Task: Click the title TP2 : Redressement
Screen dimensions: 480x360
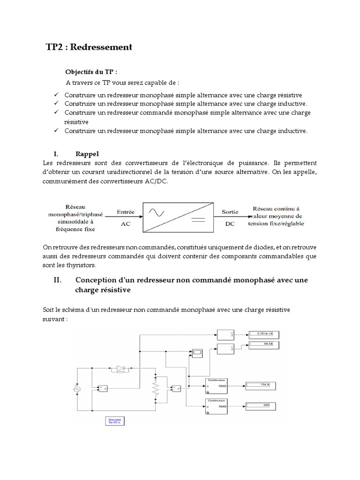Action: click(x=89, y=47)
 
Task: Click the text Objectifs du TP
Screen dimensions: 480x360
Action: click(x=91, y=72)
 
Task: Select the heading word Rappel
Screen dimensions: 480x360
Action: click(x=87, y=154)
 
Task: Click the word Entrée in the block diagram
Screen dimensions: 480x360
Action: click(x=126, y=212)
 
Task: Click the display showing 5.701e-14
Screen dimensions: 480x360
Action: click(x=264, y=333)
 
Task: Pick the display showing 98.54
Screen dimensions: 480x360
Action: click(x=264, y=345)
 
